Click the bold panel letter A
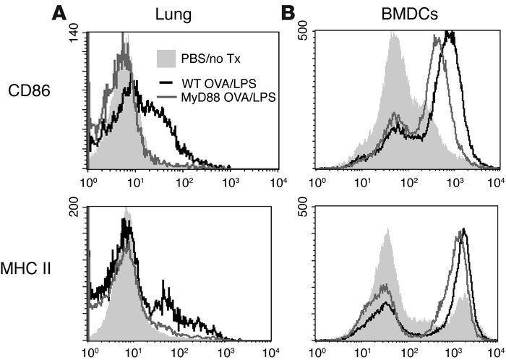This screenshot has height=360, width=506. point(59,13)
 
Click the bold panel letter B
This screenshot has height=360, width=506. point(287,13)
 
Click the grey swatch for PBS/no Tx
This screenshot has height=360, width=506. point(171,58)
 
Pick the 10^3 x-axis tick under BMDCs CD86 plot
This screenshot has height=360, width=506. point(451,176)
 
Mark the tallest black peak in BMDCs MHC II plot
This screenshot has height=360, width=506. point(463,230)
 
